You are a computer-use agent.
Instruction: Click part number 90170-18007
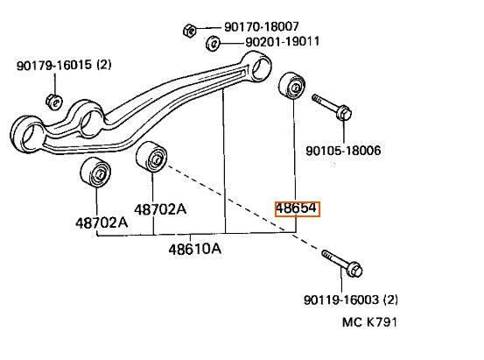(262, 27)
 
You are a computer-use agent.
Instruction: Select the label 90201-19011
(283, 41)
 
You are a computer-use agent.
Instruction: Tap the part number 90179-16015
(54, 65)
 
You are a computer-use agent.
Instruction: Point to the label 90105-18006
(343, 151)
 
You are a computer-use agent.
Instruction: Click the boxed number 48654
(297, 208)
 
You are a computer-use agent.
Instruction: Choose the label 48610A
(195, 249)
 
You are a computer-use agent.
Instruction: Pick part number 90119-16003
(341, 300)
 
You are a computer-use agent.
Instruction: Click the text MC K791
(369, 322)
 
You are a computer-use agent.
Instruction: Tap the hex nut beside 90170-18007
(189, 31)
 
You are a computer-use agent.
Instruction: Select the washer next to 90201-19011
(213, 44)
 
